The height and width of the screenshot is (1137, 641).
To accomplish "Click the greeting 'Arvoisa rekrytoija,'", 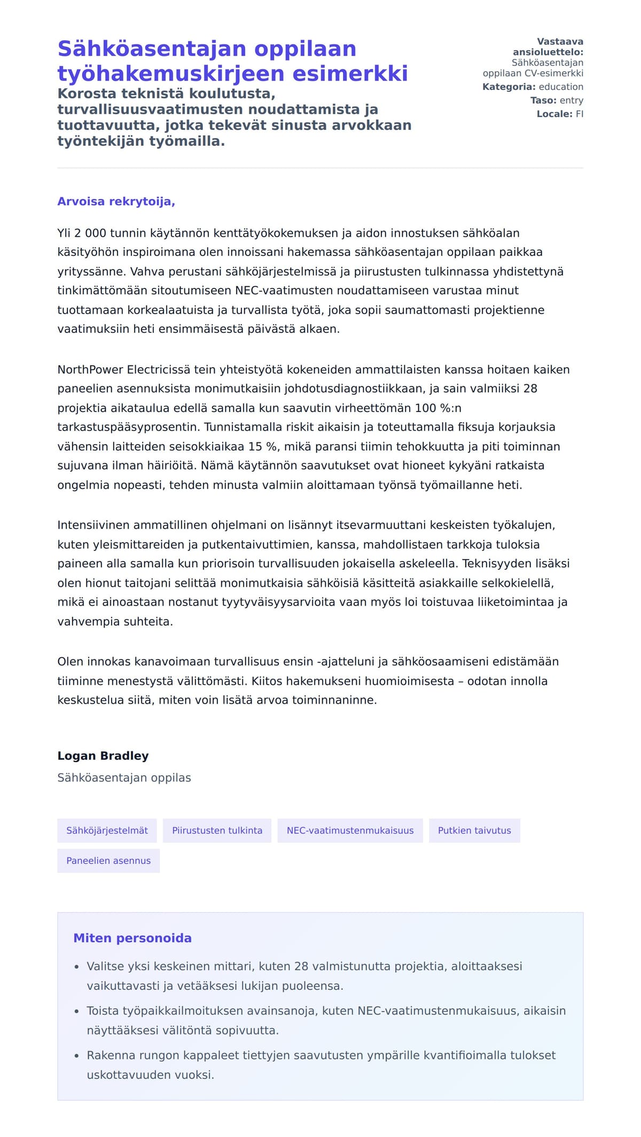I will [116, 201].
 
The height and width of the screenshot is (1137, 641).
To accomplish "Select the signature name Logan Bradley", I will [103, 756].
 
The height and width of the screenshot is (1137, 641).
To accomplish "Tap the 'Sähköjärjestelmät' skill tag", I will [107, 830].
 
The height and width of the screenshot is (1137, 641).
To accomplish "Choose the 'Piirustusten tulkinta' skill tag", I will [217, 830].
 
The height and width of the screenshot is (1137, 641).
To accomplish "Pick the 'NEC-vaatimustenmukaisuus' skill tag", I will [350, 830].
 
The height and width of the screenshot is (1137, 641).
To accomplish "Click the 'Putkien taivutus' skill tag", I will [474, 830].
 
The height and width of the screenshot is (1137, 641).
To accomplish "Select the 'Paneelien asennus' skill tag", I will [108, 861].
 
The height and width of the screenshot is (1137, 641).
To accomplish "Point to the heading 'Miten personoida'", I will [132, 938].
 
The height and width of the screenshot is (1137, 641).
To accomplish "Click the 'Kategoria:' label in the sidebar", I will [509, 87].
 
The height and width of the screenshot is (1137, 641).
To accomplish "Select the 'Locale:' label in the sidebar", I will [554, 114].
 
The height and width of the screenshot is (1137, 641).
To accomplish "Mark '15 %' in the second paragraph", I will [260, 446].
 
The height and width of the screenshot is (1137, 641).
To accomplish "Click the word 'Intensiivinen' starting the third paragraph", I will [93, 525].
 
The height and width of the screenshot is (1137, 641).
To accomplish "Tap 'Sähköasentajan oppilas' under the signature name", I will [124, 777].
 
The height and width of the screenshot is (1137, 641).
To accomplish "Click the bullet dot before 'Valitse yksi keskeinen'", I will [77, 967].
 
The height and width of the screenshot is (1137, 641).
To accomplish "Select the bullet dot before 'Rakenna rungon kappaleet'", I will [77, 1056].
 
